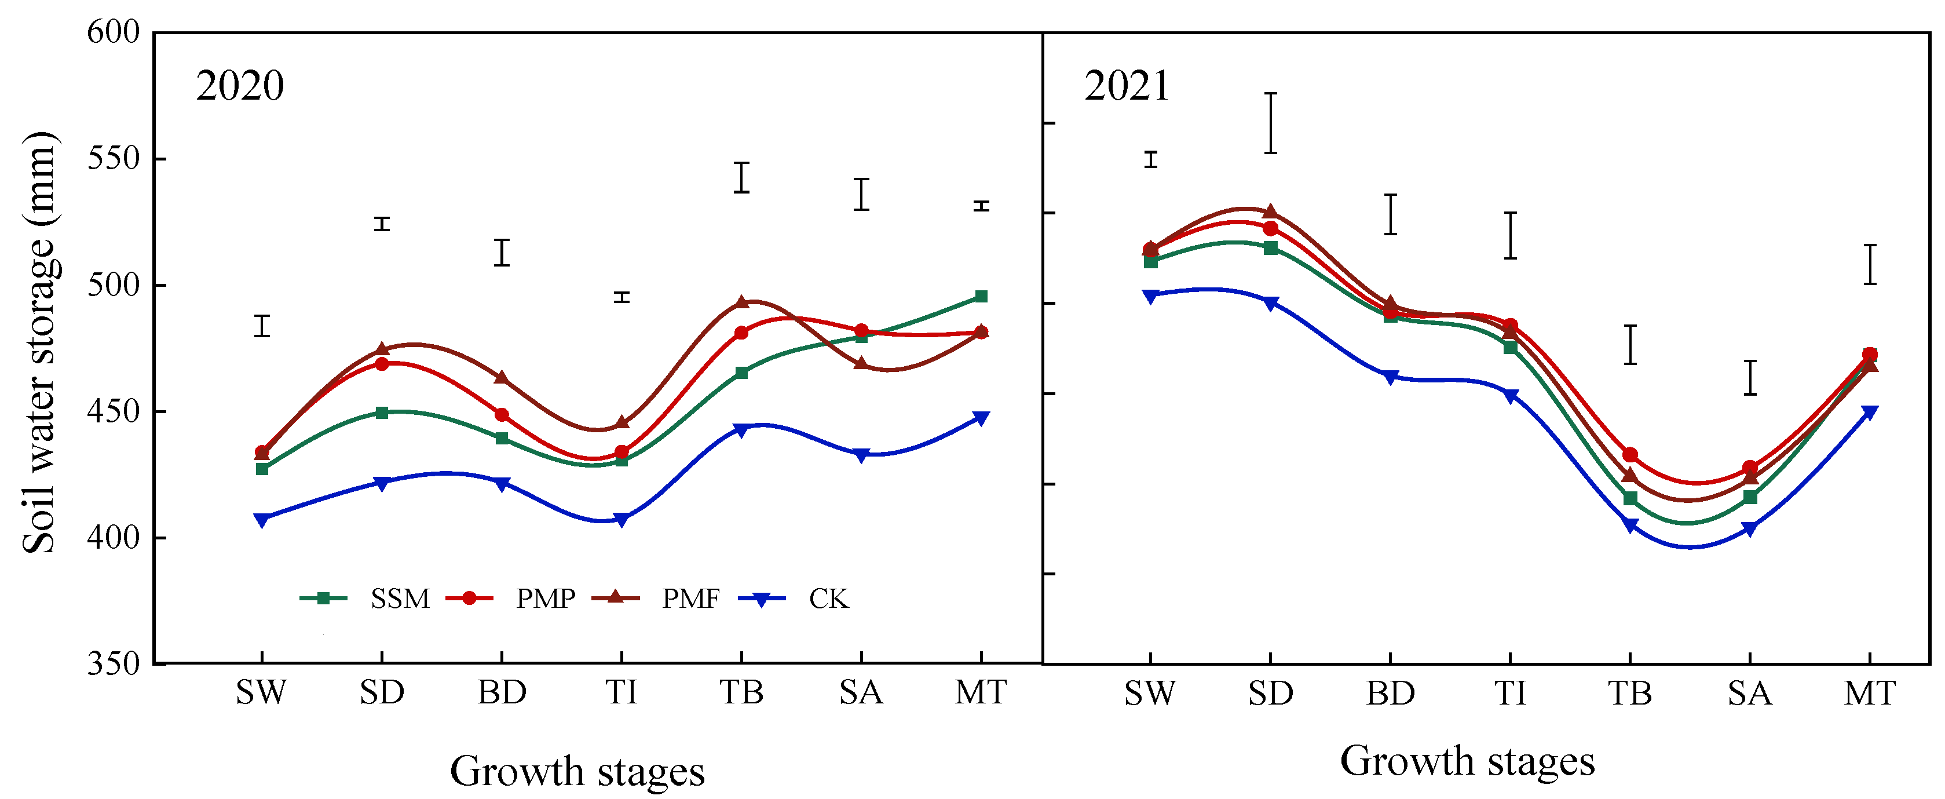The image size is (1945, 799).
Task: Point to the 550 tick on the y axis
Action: [x=114, y=159]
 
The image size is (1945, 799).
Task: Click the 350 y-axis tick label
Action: [x=114, y=664]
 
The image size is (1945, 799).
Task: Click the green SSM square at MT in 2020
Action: [x=981, y=297]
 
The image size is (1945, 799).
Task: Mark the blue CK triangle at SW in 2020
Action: [x=261, y=520]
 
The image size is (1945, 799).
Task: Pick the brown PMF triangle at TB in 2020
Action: [x=741, y=302]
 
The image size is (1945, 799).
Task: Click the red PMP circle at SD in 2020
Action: [x=382, y=364]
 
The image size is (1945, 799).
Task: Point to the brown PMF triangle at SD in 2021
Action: [x=1270, y=211]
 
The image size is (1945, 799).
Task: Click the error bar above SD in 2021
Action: [x=1271, y=123]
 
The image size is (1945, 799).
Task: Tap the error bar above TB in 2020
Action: [x=741, y=177]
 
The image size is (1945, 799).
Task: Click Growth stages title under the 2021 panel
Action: [x=1467, y=761]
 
